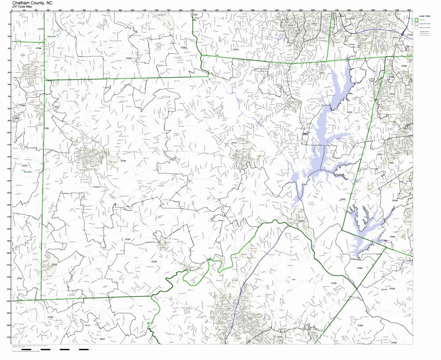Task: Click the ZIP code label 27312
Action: point(234,143)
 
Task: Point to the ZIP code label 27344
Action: point(123,161)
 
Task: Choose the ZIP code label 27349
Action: point(129,58)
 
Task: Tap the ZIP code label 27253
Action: point(183,47)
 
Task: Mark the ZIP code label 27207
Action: point(127,239)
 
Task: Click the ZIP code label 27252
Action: point(154,262)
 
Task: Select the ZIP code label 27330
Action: point(334,283)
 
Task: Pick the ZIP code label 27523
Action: point(349,112)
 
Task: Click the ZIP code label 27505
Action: point(360,326)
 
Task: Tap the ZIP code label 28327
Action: point(102,339)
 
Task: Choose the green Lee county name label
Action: point(293,279)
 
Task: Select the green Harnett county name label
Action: point(383,289)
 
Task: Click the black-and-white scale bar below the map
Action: point(53,350)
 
